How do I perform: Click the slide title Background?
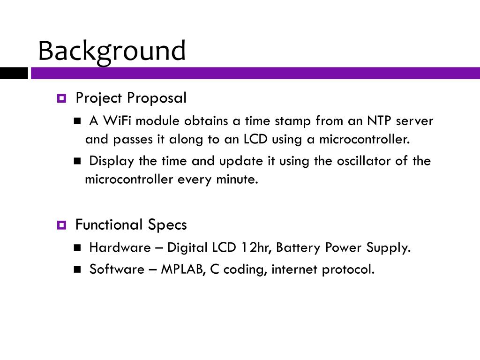point(112,52)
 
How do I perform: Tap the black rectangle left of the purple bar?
point(14,73)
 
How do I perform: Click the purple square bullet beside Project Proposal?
point(61,98)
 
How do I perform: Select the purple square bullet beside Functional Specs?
point(61,225)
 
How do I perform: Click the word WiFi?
point(117,120)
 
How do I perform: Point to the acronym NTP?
point(379,120)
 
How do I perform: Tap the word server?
point(414,121)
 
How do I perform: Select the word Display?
point(112,161)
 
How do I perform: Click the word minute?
point(237,180)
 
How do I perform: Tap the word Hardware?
point(120,247)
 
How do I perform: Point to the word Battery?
point(298,248)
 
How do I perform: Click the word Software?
point(117,270)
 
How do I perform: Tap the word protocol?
point(348,270)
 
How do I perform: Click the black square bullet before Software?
point(77,270)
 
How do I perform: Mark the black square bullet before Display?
point(77,161)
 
